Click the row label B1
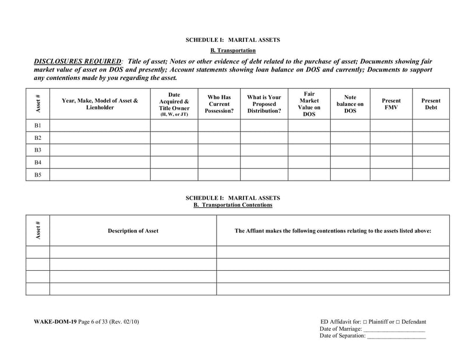[x=38, y=125]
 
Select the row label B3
[x=38, y=150]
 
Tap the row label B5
[x=38, y=175]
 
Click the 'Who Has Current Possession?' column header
[x=219, y=104]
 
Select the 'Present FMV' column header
[x=391, y=104]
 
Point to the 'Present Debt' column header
[x=430, y=104]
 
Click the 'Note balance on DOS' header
[x=350, y=104]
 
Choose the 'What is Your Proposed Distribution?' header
[x=264, y=104]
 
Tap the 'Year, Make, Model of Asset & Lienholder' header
[x=100, y=104]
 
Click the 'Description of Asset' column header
[x=133, y=231]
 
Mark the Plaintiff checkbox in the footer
[x=365, y=322]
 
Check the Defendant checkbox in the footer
[x=398, y=322]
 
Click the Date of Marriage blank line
[x=394, y=330]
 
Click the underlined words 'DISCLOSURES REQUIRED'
[x=78, y=61]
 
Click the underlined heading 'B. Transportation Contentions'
[x=232, y=205]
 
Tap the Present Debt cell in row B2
[x=430, y=137]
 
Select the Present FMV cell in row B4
[x=391, y=163]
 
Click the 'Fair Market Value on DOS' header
[x=309, y=104]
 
